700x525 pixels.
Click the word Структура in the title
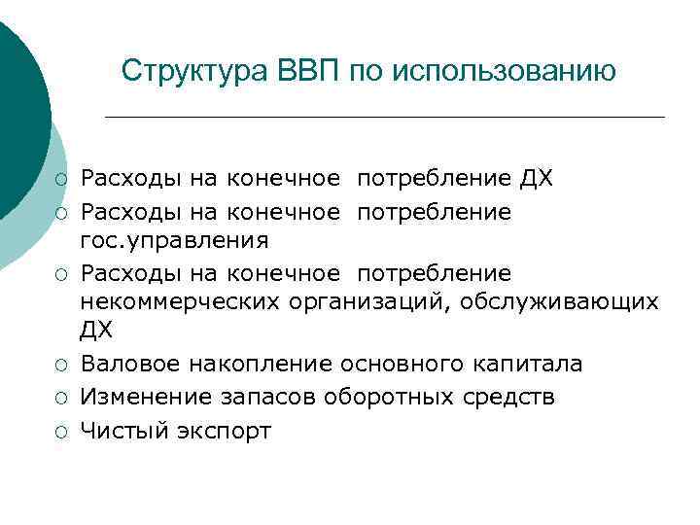click(194, 71)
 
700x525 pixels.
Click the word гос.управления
click(175, 239)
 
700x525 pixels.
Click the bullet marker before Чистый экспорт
click(61, 431)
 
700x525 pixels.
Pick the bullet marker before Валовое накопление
click(61, 365)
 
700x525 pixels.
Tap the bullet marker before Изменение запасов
click(61, 398)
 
